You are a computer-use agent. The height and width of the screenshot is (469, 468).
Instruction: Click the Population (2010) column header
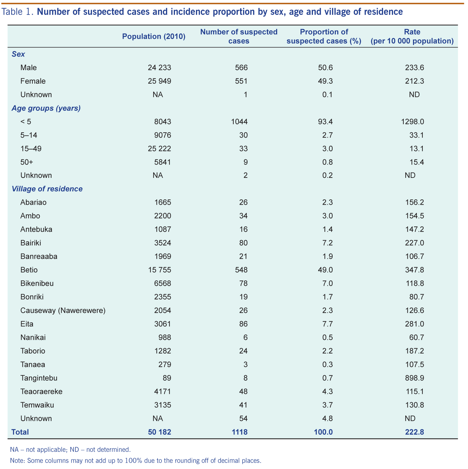click(154, 37)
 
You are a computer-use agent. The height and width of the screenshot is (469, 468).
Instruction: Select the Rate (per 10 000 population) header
click(412, 37)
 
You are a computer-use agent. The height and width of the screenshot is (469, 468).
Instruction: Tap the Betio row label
click(29, 270)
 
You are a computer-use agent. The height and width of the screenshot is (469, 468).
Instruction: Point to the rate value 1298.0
click(412, 122)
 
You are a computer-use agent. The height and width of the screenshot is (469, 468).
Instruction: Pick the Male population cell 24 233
click(159, 68)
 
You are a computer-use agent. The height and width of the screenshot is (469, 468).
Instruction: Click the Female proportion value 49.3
click(327, 81)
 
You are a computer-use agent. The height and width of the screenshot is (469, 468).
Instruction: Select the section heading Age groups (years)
click(46, 108)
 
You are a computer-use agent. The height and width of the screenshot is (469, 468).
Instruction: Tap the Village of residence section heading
click(47, 189)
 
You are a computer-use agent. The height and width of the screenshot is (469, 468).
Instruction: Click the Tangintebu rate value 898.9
click(414, 378)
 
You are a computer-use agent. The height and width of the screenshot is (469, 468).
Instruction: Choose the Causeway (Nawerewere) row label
click(63, 310)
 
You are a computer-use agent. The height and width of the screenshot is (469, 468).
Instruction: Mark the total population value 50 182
click(159, 432)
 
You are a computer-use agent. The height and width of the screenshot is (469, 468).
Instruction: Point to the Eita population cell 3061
click(163, 324)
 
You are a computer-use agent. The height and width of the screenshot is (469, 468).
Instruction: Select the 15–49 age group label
click(31, 149)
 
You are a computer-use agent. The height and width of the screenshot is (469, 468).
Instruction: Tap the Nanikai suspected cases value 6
click(245, 338)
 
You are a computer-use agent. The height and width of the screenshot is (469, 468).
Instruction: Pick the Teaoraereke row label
click(41, 392)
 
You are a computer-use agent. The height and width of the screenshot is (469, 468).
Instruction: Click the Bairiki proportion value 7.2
click(327, 243)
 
